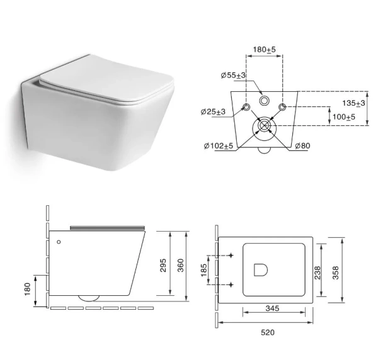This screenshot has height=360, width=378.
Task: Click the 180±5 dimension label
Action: click(263, 48)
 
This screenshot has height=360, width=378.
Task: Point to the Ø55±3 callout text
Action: click(232, 76)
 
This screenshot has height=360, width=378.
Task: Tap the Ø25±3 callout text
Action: click(213, 112)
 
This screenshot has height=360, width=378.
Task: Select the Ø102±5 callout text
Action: click(218, 146)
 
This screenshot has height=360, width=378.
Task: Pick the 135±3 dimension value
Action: click(353, 103)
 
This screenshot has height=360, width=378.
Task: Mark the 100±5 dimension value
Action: click(345, 116)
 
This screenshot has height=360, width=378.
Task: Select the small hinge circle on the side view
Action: click(59, 241)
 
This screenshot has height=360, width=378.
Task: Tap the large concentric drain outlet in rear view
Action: click(264, 127)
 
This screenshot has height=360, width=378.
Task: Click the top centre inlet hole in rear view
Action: click(264, 100)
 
